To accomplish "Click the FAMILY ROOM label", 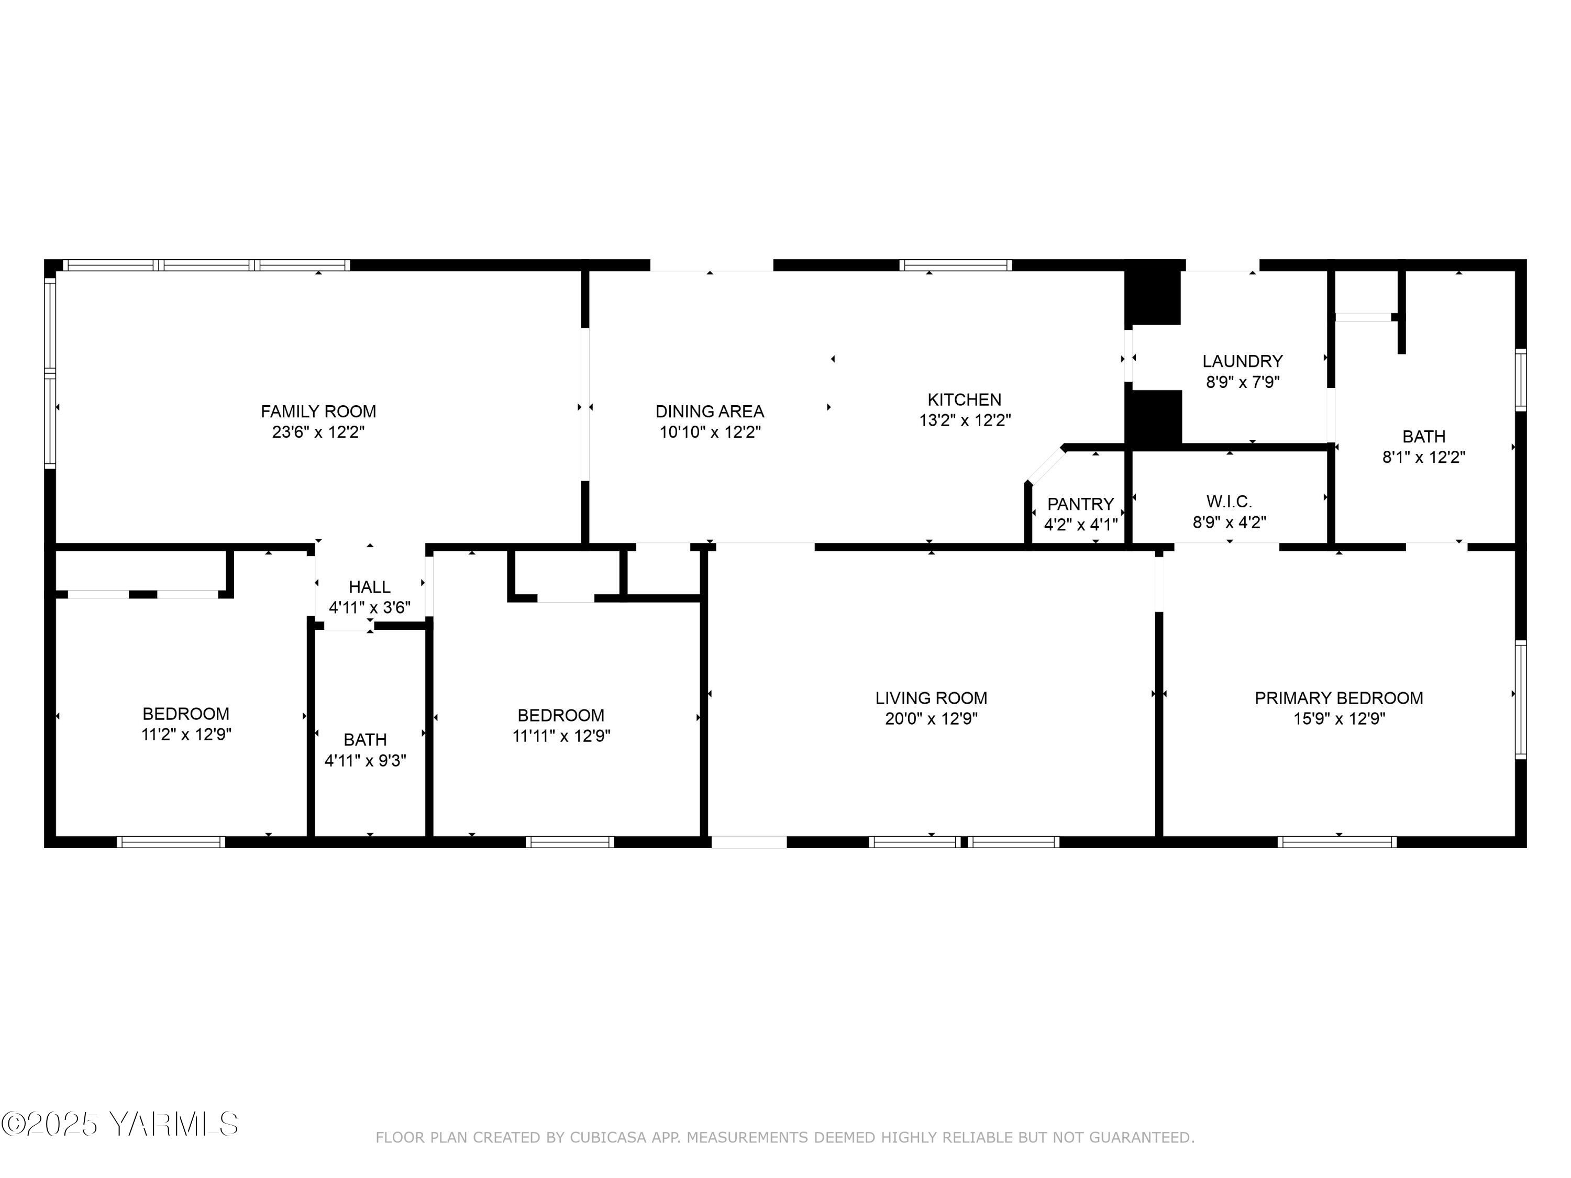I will (x=318, y=411).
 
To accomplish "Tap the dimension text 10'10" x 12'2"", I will (x=710, y=432).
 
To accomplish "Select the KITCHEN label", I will (x=964, y=400).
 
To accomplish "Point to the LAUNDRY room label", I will (x=1242, y=361).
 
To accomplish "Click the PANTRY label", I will (x=1080, y=504).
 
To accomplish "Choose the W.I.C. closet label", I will (x=1229, y=502).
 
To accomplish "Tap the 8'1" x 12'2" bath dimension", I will (x=1423, y=457).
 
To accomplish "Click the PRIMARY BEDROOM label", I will (x=1338, y=698).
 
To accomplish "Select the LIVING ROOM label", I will (x=931, y=698).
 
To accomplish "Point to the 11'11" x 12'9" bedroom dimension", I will (x=561, y=736).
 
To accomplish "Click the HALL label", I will (x=369, y=587).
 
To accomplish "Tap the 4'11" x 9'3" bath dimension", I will (x=365, y=761).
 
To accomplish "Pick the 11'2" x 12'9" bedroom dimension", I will (x=186, y=734).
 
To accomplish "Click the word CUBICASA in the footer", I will (x=609, y=1138).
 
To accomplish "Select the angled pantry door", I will (x=1045, y=465).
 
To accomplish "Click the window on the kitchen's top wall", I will (x=955, y=265).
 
